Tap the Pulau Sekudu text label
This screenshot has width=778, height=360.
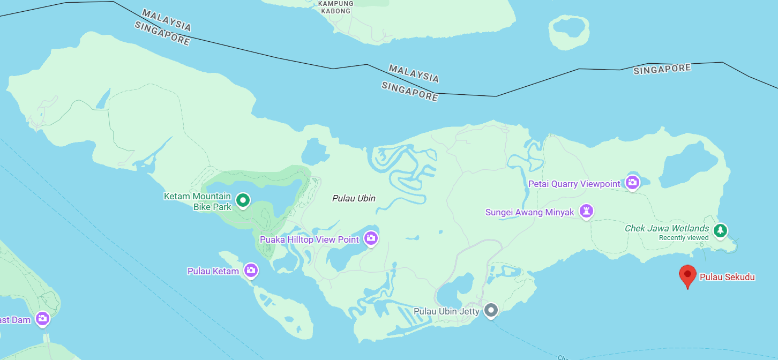pos(727,277)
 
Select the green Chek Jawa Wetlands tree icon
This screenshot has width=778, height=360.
pos(721,230)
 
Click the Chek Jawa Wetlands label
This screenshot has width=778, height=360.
pos(667,229)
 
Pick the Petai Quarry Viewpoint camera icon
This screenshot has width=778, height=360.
pos(633,183)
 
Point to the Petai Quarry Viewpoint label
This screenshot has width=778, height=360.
pos(574,184)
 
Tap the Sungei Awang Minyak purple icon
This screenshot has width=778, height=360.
pos(587,211)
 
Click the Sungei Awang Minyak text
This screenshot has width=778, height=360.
pos(529,212)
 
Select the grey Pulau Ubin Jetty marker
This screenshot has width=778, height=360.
pos(491,310)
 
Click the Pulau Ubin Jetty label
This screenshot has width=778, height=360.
pos(448,311)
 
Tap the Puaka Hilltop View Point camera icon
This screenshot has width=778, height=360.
pos(371,238)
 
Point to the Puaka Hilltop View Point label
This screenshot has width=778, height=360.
pos(309,239)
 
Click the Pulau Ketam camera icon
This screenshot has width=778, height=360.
pos(251,271)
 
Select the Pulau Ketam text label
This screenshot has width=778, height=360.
pos(213,271)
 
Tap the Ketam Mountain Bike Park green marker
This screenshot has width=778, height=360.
pos(243,200)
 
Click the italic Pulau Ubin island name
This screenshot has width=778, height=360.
pos(354,198)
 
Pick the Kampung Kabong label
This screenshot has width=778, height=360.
pos(335,7)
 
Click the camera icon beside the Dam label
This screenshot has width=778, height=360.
pos(42,319)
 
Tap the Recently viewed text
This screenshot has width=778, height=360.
pos(683,238)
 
